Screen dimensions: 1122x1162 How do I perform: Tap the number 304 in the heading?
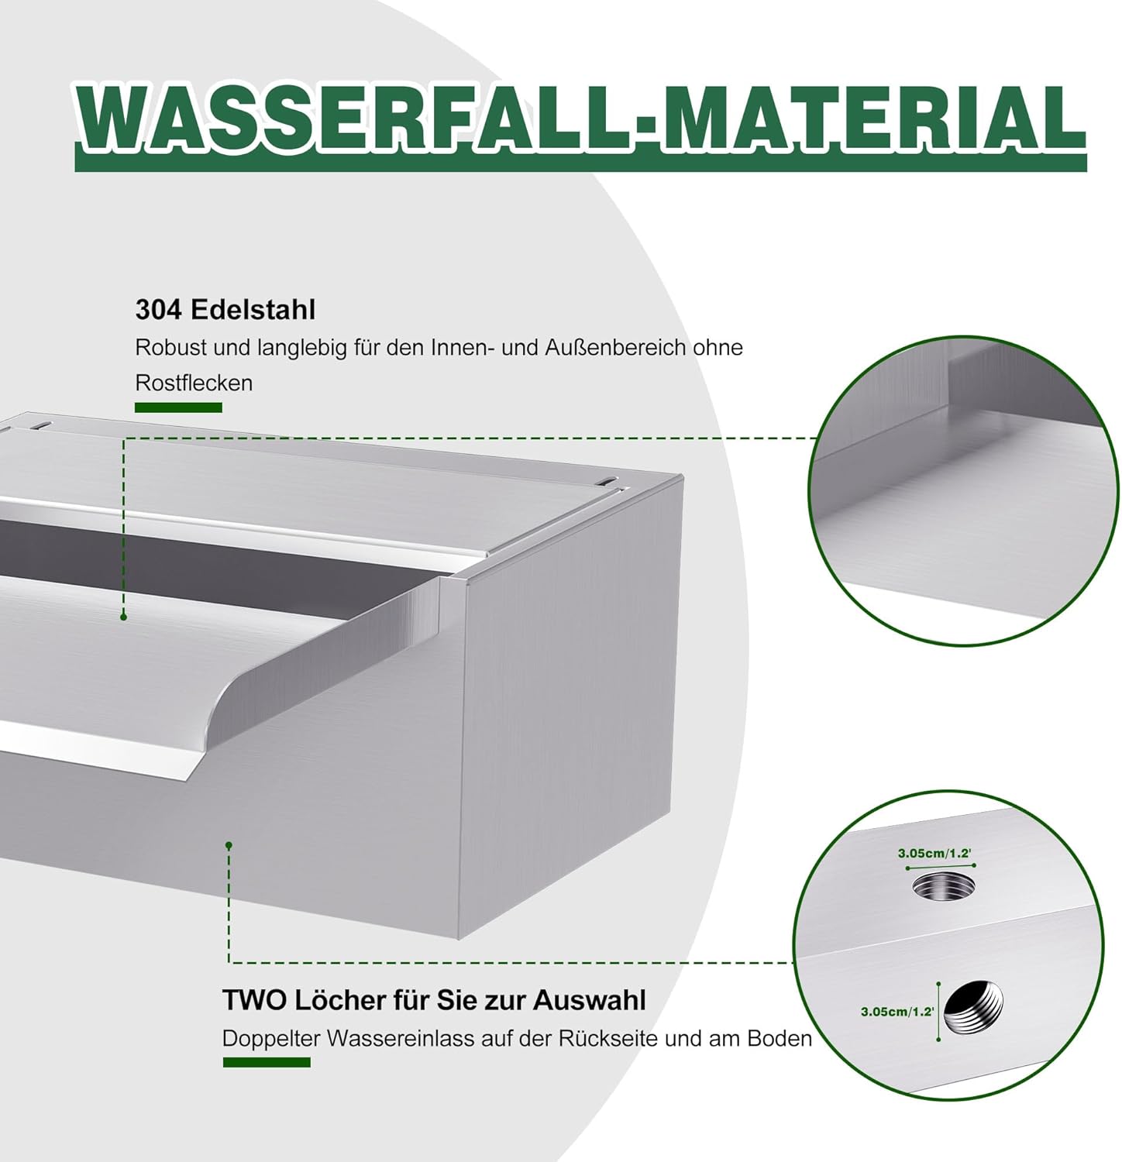159,310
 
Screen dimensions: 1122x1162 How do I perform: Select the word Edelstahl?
253,310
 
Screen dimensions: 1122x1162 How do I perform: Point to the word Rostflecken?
194,383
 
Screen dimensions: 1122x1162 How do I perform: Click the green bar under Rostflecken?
178,407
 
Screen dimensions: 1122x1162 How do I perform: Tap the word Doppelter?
270,1038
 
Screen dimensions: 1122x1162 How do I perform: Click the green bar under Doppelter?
267,1061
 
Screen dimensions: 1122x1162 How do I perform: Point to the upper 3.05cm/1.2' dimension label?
934,853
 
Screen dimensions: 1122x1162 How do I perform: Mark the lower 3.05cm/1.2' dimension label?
897,1012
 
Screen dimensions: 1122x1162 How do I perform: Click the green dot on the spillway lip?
123,617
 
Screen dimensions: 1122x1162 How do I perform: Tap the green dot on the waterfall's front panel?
229,845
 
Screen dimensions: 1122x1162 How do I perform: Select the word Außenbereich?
616,348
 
